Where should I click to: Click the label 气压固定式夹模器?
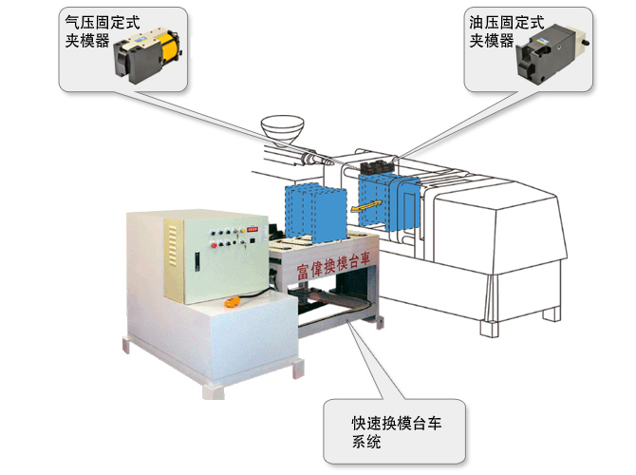click(x=95, y=28)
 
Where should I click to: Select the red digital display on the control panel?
click(x=252, y=228)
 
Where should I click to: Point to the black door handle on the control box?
click(x=196, y=260)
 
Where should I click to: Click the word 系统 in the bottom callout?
click(x=366, y=442)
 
